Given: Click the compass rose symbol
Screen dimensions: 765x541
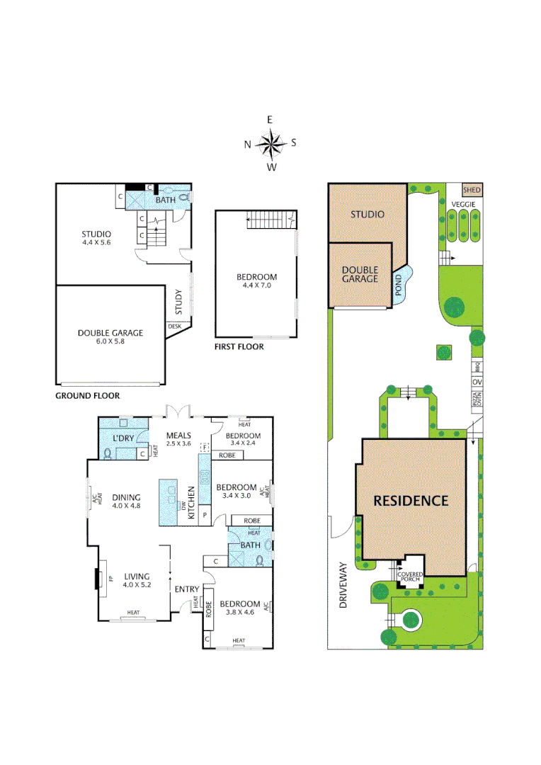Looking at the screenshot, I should click(x=270, y=144).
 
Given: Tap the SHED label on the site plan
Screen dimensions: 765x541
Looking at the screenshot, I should click(x=472, y=190).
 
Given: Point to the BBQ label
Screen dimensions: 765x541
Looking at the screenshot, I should click(x=477, y=368).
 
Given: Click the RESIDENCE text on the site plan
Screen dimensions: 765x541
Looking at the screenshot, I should click(x=411, y=500).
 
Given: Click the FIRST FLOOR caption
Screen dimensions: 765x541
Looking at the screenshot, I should click(x=239, y=347).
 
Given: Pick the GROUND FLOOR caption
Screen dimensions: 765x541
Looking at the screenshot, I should click(x=87, y=395).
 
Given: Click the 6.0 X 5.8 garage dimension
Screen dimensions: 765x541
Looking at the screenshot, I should click(x=110, y=341).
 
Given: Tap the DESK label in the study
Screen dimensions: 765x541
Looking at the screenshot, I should click(x=174, y=326).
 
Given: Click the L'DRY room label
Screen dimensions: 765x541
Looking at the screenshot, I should click(x=124, y=438).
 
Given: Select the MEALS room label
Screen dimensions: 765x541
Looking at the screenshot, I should click(x=178, y=435).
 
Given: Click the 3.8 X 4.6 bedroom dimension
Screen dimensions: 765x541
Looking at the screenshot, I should click(x=239, y=612).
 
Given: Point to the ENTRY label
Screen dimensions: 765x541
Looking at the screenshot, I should click(x=188, y=588).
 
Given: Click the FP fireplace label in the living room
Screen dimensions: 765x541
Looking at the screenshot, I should click(x=110, y=579).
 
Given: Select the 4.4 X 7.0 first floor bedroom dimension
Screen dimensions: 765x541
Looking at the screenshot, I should click(x=256, y=285).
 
